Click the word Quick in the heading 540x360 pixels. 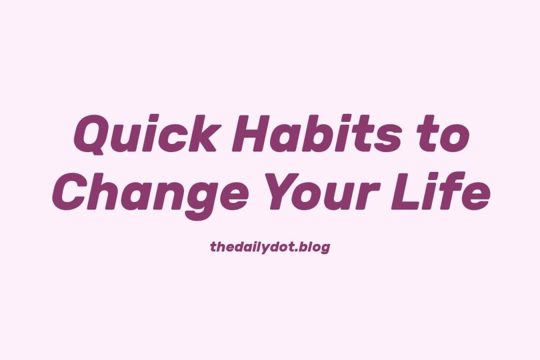click(x=145, y=134)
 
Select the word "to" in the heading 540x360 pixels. click(x=444, y=135)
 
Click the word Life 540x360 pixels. click(x=441, y=190)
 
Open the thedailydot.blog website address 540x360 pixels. click(x=270, y=247)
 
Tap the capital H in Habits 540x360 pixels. click(x=251, y=134)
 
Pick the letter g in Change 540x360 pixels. click(x=199, y=200)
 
